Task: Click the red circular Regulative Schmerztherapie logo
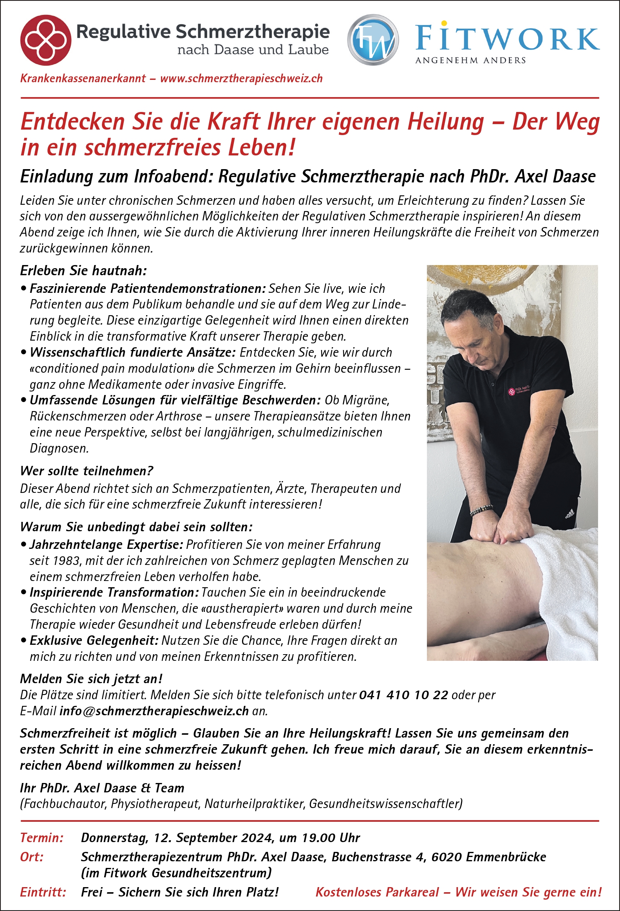coord(45,40)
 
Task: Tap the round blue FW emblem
coord(373,40)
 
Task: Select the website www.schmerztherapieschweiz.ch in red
coord(241,79)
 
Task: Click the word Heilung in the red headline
coord(445,121)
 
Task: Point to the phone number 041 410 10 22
coord(403,695)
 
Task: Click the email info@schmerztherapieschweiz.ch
coord(154,711)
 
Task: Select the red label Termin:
coord(42,838)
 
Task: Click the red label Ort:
coord(32,857)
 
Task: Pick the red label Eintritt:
coord(43,892)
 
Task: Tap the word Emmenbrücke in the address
coord(506,857)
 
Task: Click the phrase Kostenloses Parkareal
coord(377,892)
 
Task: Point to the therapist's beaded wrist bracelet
coord(481,510)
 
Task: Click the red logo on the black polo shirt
coord(512,391)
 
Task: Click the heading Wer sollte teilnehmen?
coord(87,471)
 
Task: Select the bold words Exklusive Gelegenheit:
coord(94,640)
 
